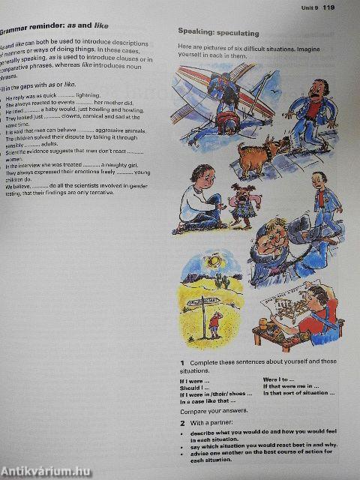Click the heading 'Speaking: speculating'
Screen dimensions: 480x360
[218, 33]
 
